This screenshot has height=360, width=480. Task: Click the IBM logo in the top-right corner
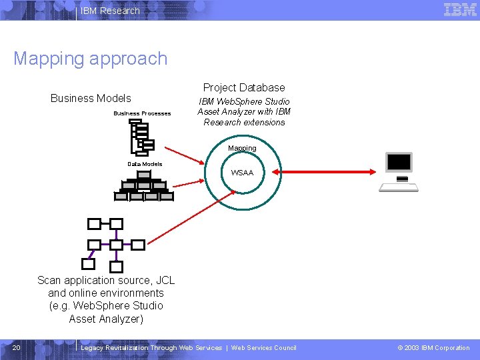461,9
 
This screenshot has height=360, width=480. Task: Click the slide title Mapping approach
90,59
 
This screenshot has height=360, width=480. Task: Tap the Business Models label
91,98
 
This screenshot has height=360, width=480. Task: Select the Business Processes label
142,113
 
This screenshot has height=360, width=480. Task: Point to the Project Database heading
244,87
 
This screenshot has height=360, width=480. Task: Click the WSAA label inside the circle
242,173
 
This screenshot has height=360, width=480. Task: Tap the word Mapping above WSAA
242,148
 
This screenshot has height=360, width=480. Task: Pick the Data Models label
145,163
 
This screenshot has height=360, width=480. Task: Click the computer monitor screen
399,162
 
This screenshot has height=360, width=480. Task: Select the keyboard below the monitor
399,187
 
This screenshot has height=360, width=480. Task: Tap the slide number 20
17,347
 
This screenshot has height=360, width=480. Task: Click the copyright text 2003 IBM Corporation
433,347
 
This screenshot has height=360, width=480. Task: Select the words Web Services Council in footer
263,347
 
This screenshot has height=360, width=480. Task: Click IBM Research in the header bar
110,11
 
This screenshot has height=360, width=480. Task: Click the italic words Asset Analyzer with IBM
244,111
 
